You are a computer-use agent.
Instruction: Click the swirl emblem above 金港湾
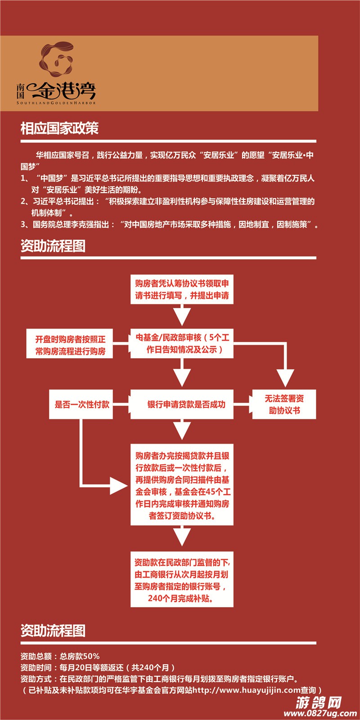(x=56, y=60)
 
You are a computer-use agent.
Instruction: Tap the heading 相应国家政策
(x=59, y=129)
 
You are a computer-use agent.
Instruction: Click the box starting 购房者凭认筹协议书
(x=182, y=289)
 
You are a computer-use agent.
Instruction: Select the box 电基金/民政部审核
(x=182, y=343)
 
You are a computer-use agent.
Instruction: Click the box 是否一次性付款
(x=82, y=405)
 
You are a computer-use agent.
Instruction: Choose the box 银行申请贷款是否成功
(x=182, y=405)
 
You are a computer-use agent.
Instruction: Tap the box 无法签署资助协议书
(x=284, y=405)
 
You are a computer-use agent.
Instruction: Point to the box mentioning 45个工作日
(x=182, y=486)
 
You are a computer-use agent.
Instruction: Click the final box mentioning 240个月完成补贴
(x=182, y=580)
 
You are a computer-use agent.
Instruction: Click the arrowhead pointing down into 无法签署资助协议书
(x=285, y=377)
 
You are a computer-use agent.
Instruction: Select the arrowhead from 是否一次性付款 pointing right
(x=119, y=486)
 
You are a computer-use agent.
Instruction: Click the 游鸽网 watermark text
(x=319, y=702)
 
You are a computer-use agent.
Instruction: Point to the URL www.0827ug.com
(x=320, y=713)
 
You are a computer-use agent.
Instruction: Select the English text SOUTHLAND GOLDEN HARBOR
(x=56, y=103)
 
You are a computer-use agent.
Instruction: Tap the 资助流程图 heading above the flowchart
(x=53, y=246)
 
